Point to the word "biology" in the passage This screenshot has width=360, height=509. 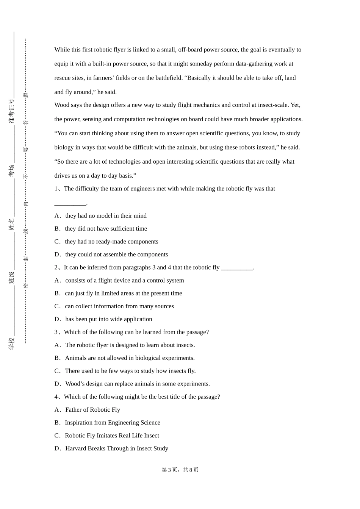pos(64,148)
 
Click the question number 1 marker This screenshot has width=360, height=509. pos(56,189)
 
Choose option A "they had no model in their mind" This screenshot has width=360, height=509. pos(106,216)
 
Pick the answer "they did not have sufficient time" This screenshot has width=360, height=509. pos(106,229)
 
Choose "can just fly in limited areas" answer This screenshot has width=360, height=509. pos(123,294)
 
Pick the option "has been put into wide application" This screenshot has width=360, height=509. pos(108,319)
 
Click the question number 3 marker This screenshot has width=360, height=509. pos(56,333)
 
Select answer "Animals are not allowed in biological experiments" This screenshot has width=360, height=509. pos(130,358)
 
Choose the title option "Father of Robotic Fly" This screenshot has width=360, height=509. pos(92,410)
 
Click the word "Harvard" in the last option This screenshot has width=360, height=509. pos(76,449)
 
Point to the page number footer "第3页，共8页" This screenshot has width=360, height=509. pos(180,470)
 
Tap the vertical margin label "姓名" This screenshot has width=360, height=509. pos(12,224)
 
